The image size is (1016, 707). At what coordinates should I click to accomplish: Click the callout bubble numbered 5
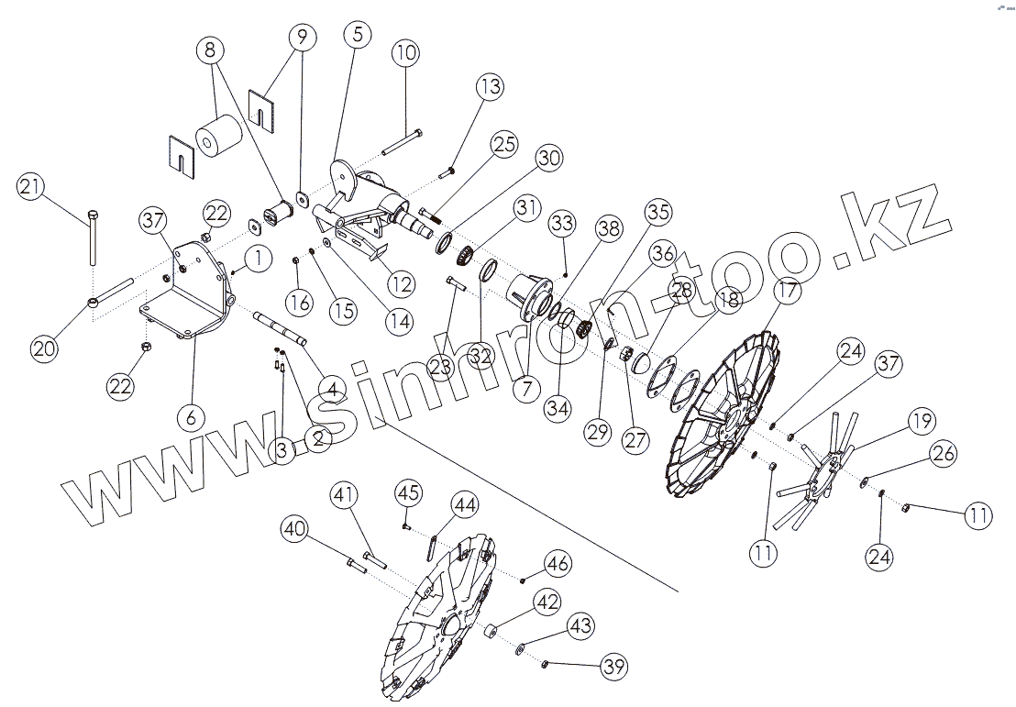tap(356, 35)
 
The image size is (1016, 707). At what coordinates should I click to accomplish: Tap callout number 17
tap(788, 292)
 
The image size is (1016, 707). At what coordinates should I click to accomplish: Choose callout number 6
tap(191, 417)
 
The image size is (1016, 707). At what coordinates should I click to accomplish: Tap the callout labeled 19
tap(922, 421)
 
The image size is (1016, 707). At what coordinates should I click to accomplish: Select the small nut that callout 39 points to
tap(545, 663)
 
